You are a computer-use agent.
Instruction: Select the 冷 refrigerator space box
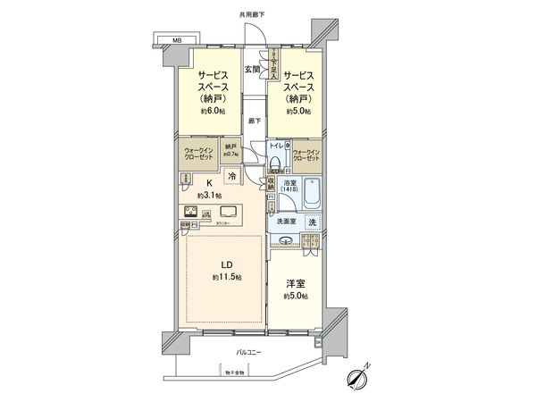(x=232, y=176)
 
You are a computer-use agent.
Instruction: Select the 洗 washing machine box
(x=312, y=222)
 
